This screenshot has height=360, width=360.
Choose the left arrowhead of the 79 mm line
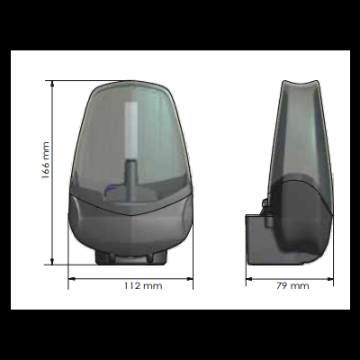tap(249, 277)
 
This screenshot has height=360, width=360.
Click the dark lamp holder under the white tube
tap(130, 180)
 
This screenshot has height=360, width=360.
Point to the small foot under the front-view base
tap(130, 258)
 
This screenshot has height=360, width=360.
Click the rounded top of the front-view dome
tap(130, 88)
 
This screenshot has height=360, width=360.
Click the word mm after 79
tap(299, 285)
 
